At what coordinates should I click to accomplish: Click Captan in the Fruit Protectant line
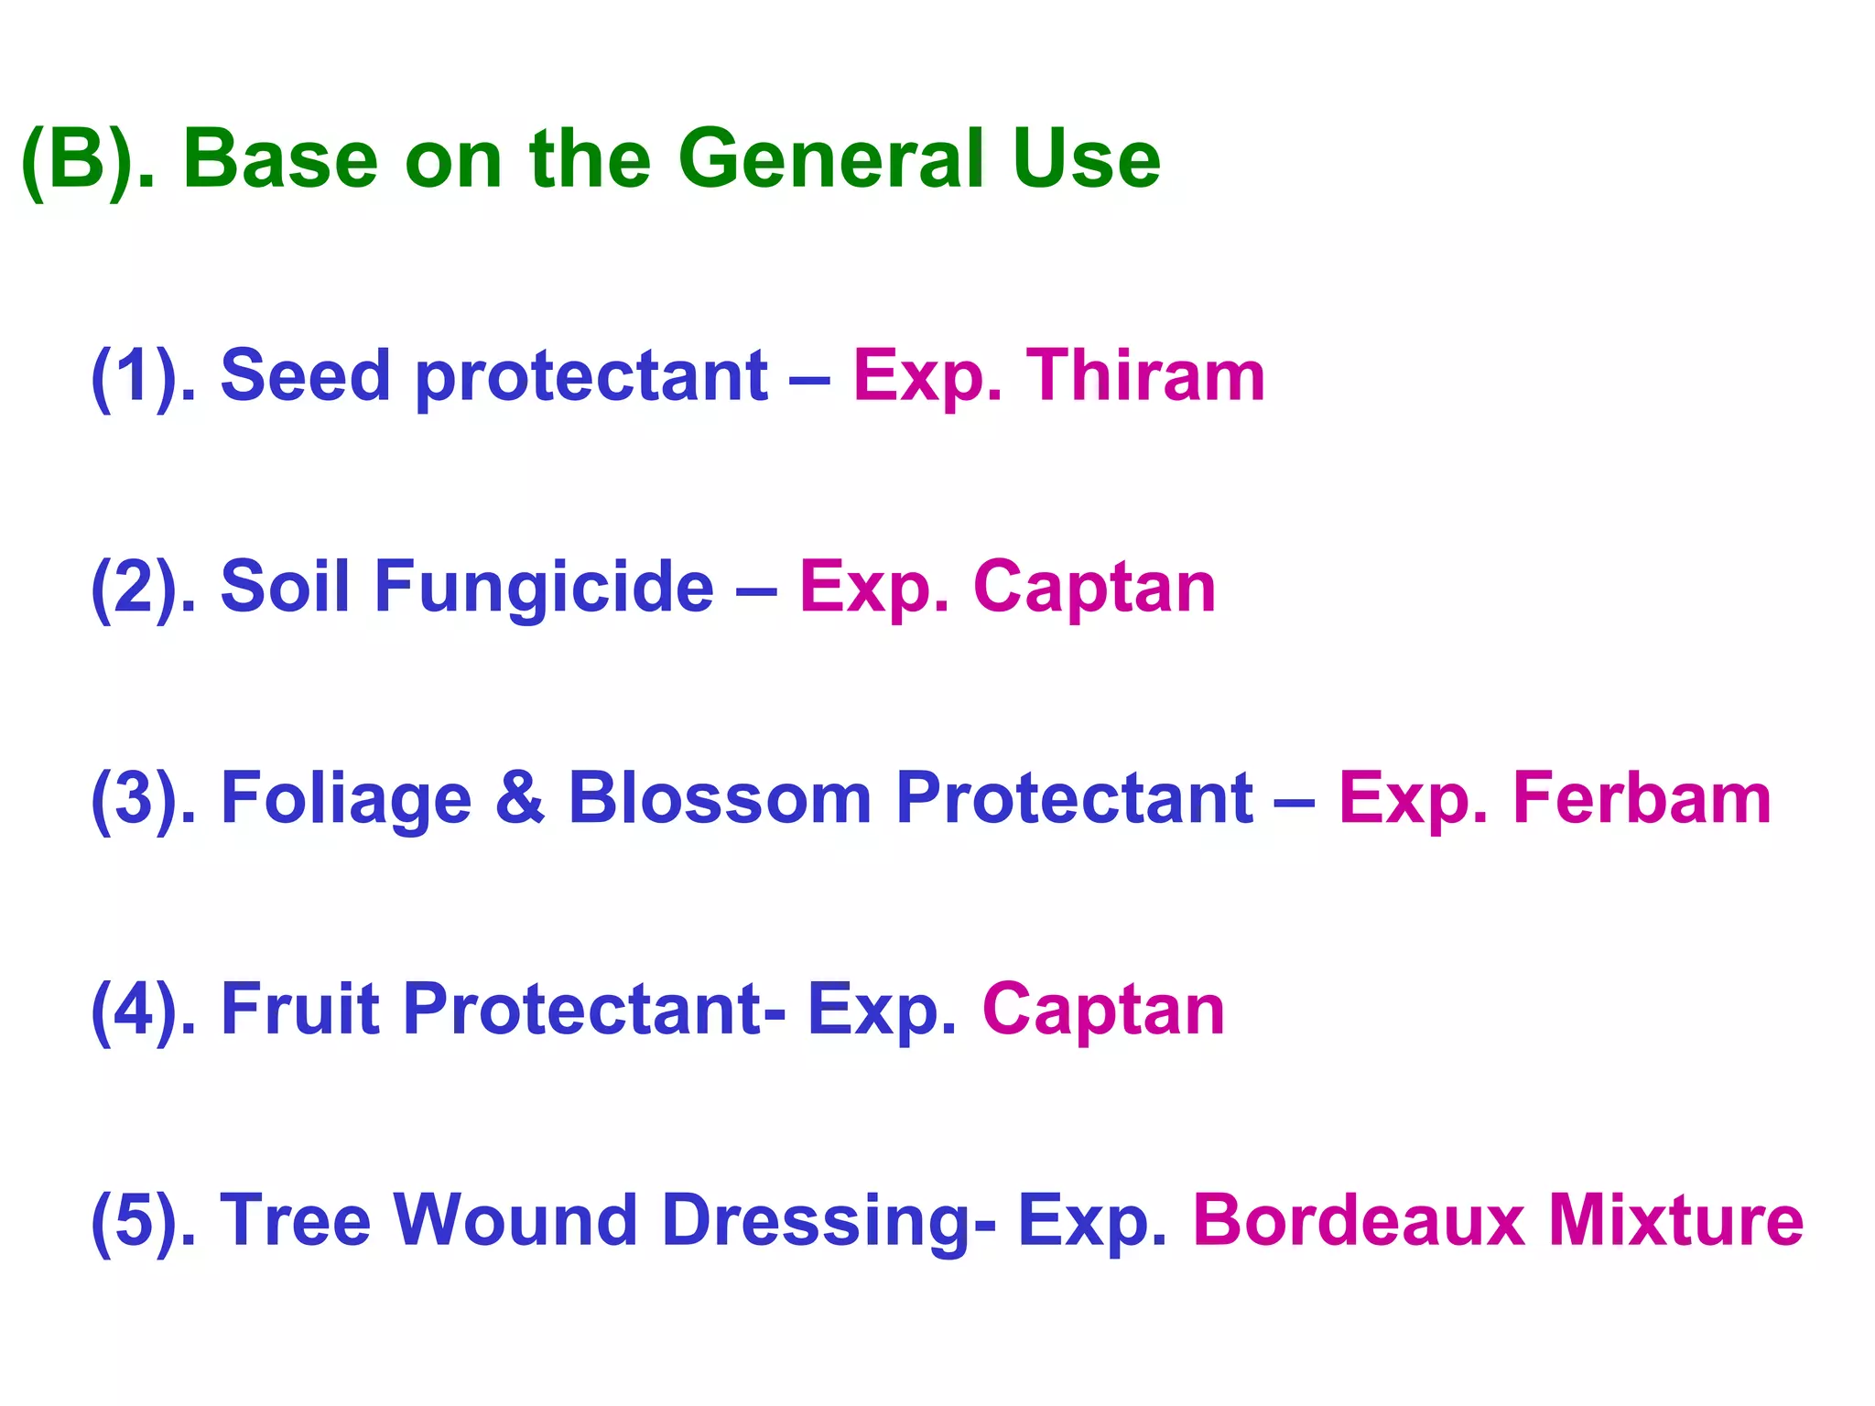[1103, 1011]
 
